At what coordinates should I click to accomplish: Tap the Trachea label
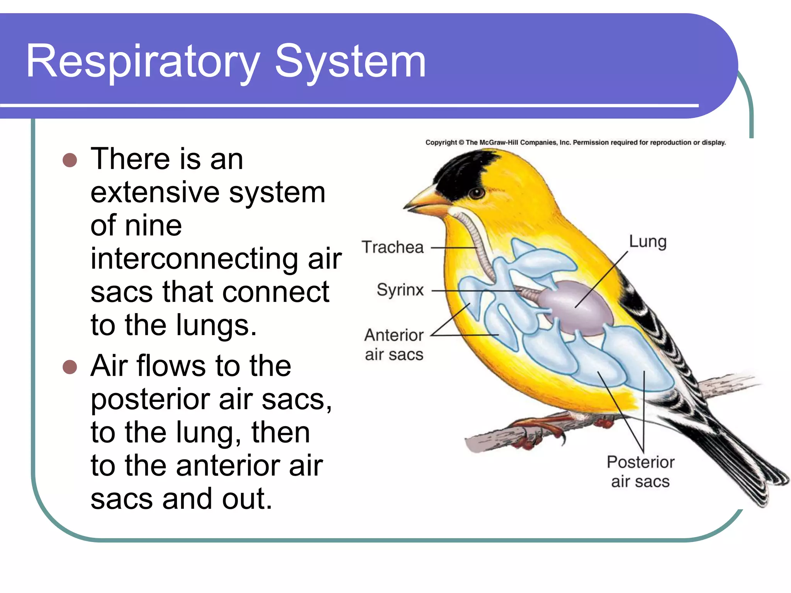pyautogui.click(x=392, y=247)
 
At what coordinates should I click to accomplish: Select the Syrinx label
pyautogui.click(x=400, y=290)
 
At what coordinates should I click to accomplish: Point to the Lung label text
pyautogui.click(x=648, y=242)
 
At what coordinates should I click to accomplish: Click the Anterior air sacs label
pyautogui.click(x=394, y=344)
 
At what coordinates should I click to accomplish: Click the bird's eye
pyautogui.click(x=477, y=193)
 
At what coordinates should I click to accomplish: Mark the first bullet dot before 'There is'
pyautogui.click(x=70, y=159)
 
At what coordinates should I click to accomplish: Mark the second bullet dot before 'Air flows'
pyautogui.click(x=70, y=367)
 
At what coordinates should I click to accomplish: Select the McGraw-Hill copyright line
pyautogui.click(x=575, y=142)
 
